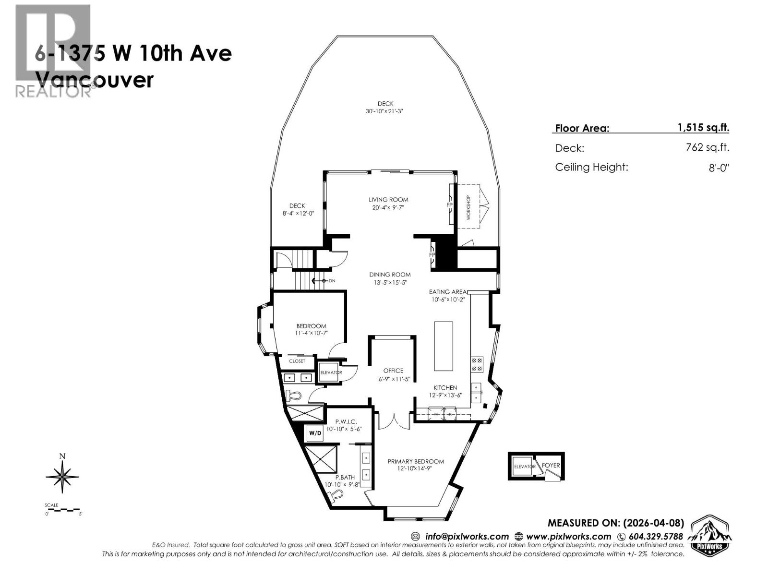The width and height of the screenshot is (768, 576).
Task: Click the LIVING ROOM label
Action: click(x=388, y=200)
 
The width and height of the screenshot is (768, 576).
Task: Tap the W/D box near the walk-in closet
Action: click(x=315, y=433)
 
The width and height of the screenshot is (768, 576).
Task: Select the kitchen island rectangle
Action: click(x=443, y=346)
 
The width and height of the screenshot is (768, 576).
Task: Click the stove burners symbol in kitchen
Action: click(x=477, y=364)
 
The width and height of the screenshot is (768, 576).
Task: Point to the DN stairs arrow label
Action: click(x=332, y=281)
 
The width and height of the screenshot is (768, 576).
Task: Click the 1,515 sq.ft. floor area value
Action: click(x=703, y=128)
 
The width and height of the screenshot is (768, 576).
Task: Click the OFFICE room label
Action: click(x=393, y=371)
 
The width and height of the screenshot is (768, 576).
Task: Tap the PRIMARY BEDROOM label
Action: click(x=416, y=461)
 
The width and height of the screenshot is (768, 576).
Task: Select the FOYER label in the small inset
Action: click(x=551, y=466)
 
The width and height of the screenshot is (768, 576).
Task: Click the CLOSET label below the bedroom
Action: click(x=297, y=361)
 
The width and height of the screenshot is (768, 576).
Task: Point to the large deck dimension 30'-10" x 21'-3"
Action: click(x=385, y=111)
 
